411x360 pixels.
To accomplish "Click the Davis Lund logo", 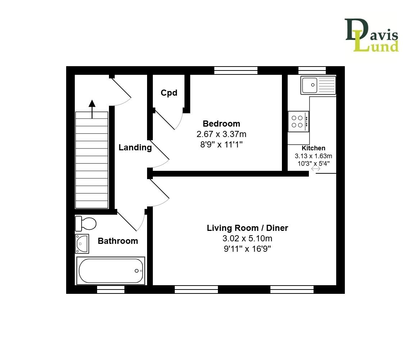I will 372,35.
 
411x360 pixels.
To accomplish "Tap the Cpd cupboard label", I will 169,93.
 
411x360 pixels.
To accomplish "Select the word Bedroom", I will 221,124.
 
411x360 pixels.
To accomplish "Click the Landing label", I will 135,147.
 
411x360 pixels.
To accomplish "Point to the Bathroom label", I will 118,241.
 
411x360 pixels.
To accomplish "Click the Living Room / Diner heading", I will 247,228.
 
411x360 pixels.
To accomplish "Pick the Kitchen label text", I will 313,148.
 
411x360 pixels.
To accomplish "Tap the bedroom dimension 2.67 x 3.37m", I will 221,135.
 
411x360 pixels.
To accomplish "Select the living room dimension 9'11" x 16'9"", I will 247,249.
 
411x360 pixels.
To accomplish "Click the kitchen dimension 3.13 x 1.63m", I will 313,156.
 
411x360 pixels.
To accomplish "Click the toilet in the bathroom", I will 86,224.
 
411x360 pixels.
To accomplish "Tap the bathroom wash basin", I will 82,243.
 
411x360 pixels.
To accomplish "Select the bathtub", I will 110,271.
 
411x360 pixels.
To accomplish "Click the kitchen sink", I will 318,85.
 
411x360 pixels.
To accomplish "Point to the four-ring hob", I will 298,122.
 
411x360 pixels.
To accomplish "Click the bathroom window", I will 111,290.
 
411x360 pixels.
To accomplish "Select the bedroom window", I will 236,70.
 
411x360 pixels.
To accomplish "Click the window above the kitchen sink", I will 312,70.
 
